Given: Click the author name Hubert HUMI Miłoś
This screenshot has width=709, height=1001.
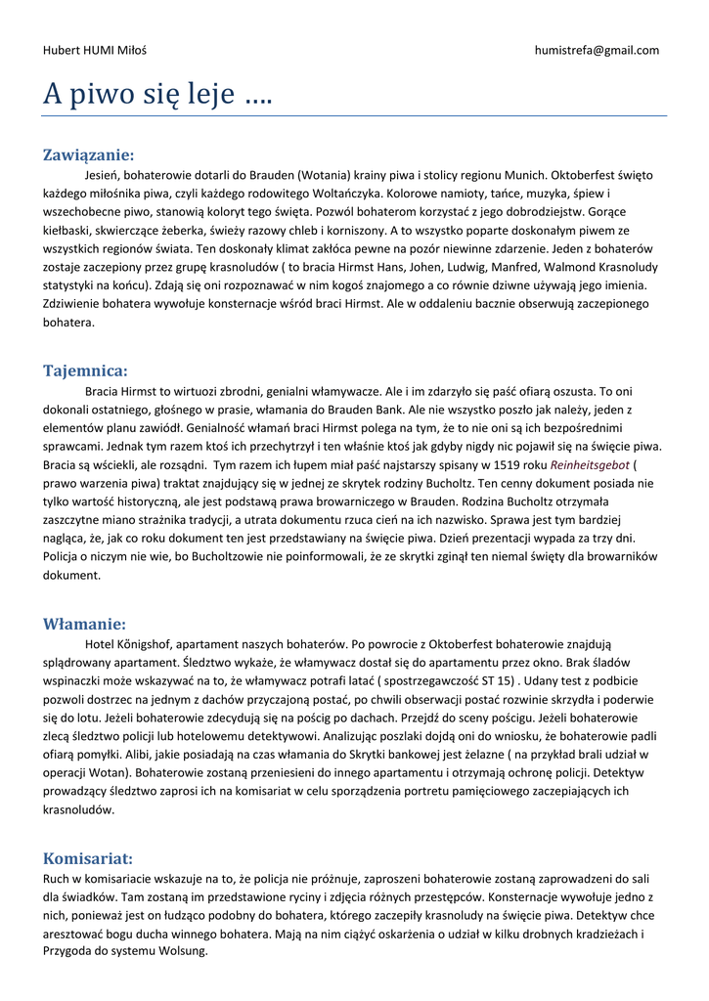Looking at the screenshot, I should pos(94,50).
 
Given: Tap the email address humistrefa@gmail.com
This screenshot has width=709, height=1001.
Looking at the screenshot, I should pos(597,50).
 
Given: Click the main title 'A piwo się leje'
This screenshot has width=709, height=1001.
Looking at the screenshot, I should pos(157,95).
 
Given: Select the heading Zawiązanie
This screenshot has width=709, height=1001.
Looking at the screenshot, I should pos(88,154).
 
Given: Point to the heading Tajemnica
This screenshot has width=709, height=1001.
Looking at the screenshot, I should pos(85,370).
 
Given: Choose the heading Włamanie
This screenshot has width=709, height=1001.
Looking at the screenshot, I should pos(84,624).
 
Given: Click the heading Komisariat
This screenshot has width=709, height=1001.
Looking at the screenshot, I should pos(88,858).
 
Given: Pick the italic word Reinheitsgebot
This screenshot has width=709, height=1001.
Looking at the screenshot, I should pos(590,464).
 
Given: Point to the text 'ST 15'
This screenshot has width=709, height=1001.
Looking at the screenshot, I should pos(499,681).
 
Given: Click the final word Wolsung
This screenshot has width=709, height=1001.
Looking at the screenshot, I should pos(182,950).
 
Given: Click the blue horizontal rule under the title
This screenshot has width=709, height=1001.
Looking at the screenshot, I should pos(354,116).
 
